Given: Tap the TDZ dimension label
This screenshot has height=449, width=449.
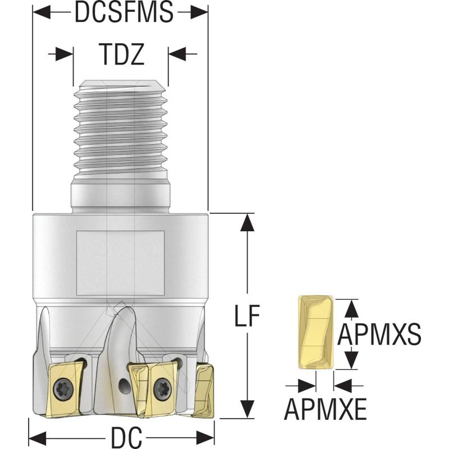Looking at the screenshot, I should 122,54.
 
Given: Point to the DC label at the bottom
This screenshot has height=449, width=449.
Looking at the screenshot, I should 122,436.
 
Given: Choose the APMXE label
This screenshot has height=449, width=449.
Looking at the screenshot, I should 326,409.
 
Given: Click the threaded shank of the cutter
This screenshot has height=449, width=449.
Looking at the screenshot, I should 121,135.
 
